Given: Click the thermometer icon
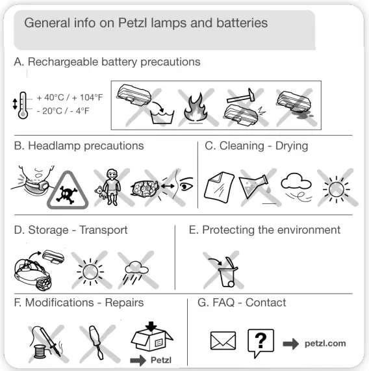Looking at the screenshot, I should pyautogui.click(x=23, y=103).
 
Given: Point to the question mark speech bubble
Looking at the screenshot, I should pyautogui.click(x=261, y=342).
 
